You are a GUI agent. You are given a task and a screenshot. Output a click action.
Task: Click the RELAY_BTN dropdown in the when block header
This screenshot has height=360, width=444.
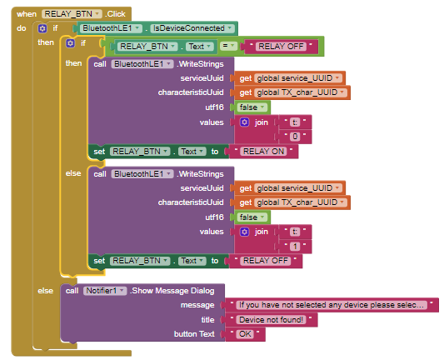pyautogui.click(x=72, y=14)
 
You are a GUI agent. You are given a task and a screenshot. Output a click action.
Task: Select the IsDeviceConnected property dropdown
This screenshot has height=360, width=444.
pyautogui.click(x=192, y=28)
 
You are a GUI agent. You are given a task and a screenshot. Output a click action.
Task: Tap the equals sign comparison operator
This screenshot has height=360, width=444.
pyautogui.click(x=228, y=46)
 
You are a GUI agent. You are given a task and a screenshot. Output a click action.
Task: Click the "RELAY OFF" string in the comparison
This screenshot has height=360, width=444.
pyautogui.click(x=282, y=46)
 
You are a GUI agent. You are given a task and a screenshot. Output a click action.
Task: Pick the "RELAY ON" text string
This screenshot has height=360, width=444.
pyautogui.click(x=263, y=152)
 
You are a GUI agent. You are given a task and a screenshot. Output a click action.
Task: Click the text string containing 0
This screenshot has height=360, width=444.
pyautogui.click(x=295, y=137)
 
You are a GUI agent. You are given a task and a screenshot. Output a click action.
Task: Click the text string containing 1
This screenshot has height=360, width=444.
pyautogui.click(x=295, y=247)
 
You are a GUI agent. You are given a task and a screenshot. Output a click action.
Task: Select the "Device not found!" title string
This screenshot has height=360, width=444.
pyautogui.click(x=272, y=320)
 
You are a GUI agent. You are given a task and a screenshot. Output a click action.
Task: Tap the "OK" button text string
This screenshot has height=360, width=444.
pyautogui.click(x=245, y=334)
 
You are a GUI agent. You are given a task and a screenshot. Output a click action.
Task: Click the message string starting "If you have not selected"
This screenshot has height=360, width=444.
pyautogui.click(x=332, y=305)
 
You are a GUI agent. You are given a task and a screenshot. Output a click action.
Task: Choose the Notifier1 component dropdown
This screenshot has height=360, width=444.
pyautogui.click(x=105, y=291)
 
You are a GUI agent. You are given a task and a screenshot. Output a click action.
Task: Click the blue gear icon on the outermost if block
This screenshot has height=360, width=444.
pyautogui.click(x=42, y=28)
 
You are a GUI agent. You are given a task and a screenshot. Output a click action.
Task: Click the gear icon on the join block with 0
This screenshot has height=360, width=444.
pyautogui.click(x=244, y=122)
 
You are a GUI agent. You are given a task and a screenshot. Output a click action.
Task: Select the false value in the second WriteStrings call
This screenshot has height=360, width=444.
pyautogui.click(x=252, y=217)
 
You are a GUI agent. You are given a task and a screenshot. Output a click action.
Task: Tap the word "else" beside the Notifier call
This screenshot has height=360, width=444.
pyautogui.click(x=45, y=291)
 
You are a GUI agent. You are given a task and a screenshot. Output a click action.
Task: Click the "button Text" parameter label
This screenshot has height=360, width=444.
pyautogui.click(x=194, y=334)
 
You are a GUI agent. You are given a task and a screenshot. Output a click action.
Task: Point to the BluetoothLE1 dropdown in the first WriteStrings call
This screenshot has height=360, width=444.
pyautogui.click(x=142, y=64)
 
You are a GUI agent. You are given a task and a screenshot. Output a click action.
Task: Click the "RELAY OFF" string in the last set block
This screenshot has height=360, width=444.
pyautogui.click(x=266, y=261)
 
